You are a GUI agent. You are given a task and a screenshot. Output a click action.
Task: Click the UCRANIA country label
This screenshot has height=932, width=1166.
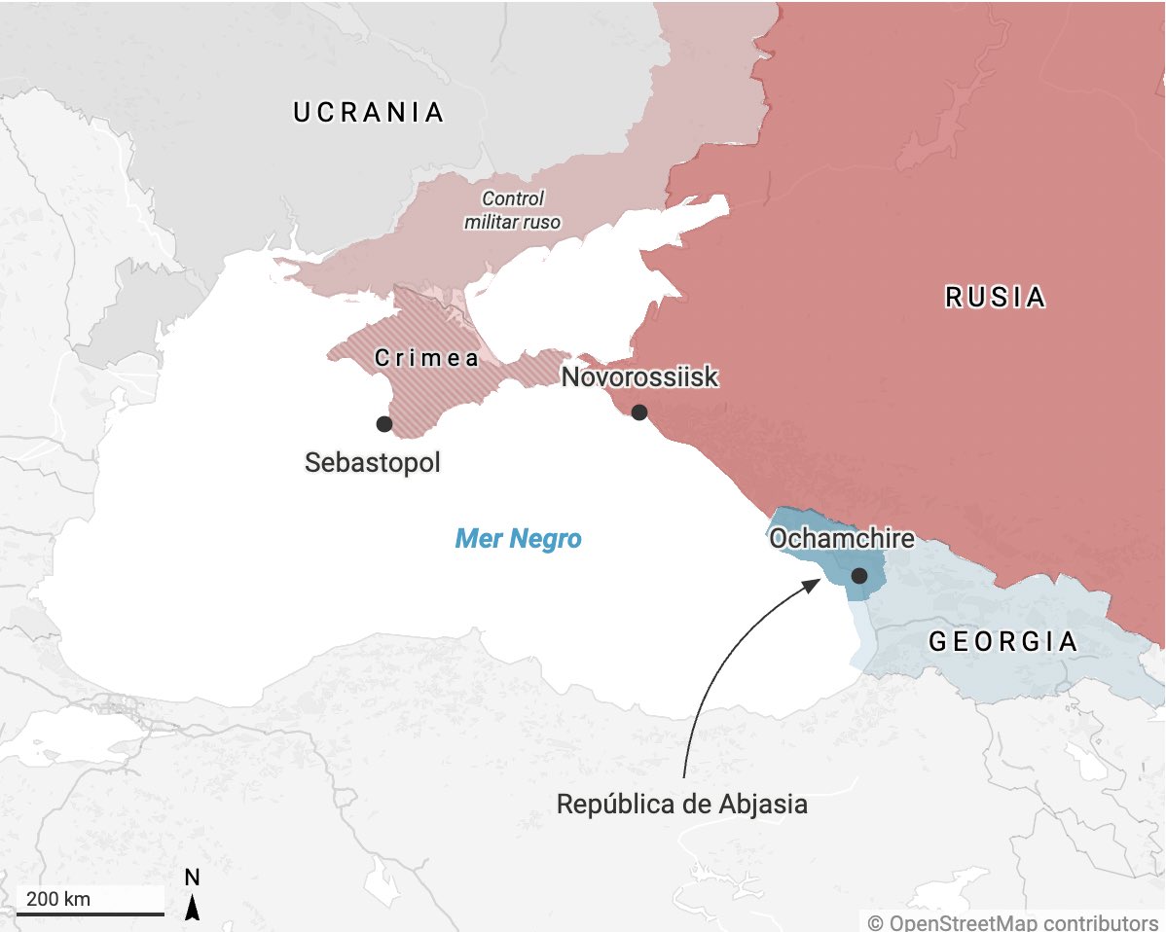pyautogui.click(x=369, y=113)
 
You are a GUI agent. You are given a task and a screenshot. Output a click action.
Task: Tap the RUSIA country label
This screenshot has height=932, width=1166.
pyautogui.click(x=995, y=297)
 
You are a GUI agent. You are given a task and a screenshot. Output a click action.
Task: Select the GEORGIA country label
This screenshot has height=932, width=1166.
pyautogui.click(x=1002, y=642)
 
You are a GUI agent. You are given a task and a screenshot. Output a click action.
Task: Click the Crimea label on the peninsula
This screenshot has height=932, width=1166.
pyautogui.click(x=427, y=358)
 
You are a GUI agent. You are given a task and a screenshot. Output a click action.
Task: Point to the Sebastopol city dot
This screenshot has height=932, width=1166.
pyautogui.click(x=384, y=424)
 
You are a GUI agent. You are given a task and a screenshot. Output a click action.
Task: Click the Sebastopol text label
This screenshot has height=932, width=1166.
pyautogui.click(x=373, y=462)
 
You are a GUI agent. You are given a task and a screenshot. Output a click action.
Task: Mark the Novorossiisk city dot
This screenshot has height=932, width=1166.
pyautogui.click(x=639, y=412)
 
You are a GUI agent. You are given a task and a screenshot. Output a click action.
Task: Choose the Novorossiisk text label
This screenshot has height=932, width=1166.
pyautogui.click(x=639, y=377)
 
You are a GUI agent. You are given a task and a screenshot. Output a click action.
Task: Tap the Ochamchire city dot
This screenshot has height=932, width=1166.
pyautogui.click(x=859, y=576)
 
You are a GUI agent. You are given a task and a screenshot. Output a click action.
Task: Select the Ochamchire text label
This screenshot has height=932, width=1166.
pyautogui.click(x=841, y=538)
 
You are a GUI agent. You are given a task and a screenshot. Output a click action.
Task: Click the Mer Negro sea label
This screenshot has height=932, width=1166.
pyautogui.click(x=518, y=539)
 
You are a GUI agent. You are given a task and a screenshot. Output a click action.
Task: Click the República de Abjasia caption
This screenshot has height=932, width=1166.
pyautogui.click(x=681, y=806)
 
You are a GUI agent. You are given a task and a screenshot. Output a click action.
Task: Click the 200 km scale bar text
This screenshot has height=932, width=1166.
pyautogui.click(x=58, y=899)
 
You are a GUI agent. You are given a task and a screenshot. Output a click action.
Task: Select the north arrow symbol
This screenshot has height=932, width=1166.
pyautogui.click(x=193, y=909)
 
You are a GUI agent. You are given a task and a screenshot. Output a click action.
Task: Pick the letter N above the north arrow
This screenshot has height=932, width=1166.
pyautogui.click(x=193, y=878)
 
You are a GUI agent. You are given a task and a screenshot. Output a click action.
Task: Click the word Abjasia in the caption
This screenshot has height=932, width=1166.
pyautogui.click(x=764, y=806)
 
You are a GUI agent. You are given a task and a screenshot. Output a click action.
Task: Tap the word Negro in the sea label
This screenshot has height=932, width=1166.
pyautogui.click(x=549, y=539)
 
